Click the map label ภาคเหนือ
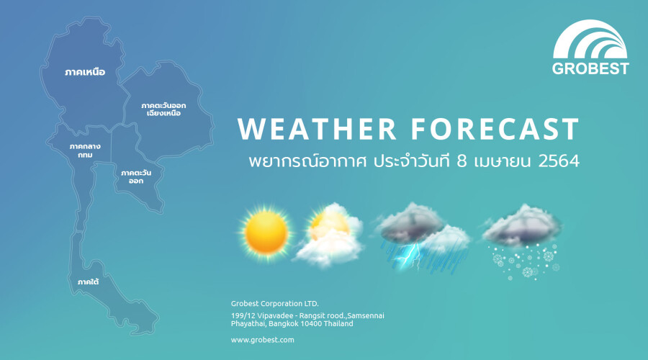click(x=85, y=72)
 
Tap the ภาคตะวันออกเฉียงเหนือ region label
click(x=163, y=109)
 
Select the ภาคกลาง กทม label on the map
click(x=85, y=151)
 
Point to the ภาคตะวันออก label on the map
click(x=136, y=176)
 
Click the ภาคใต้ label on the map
click(x=88, y=282)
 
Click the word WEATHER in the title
click(x=317, y=129)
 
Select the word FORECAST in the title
click(x=495, y=129)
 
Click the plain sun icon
click(x=266, y=233)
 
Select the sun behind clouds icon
click(x=329, y=234)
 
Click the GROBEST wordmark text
click(x=590, y=68)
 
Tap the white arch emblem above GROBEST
click(x=590, y=41)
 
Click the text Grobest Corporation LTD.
click(x=275, y=303)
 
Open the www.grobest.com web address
click(x=262, y=340)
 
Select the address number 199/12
click(x=243, y=316)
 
